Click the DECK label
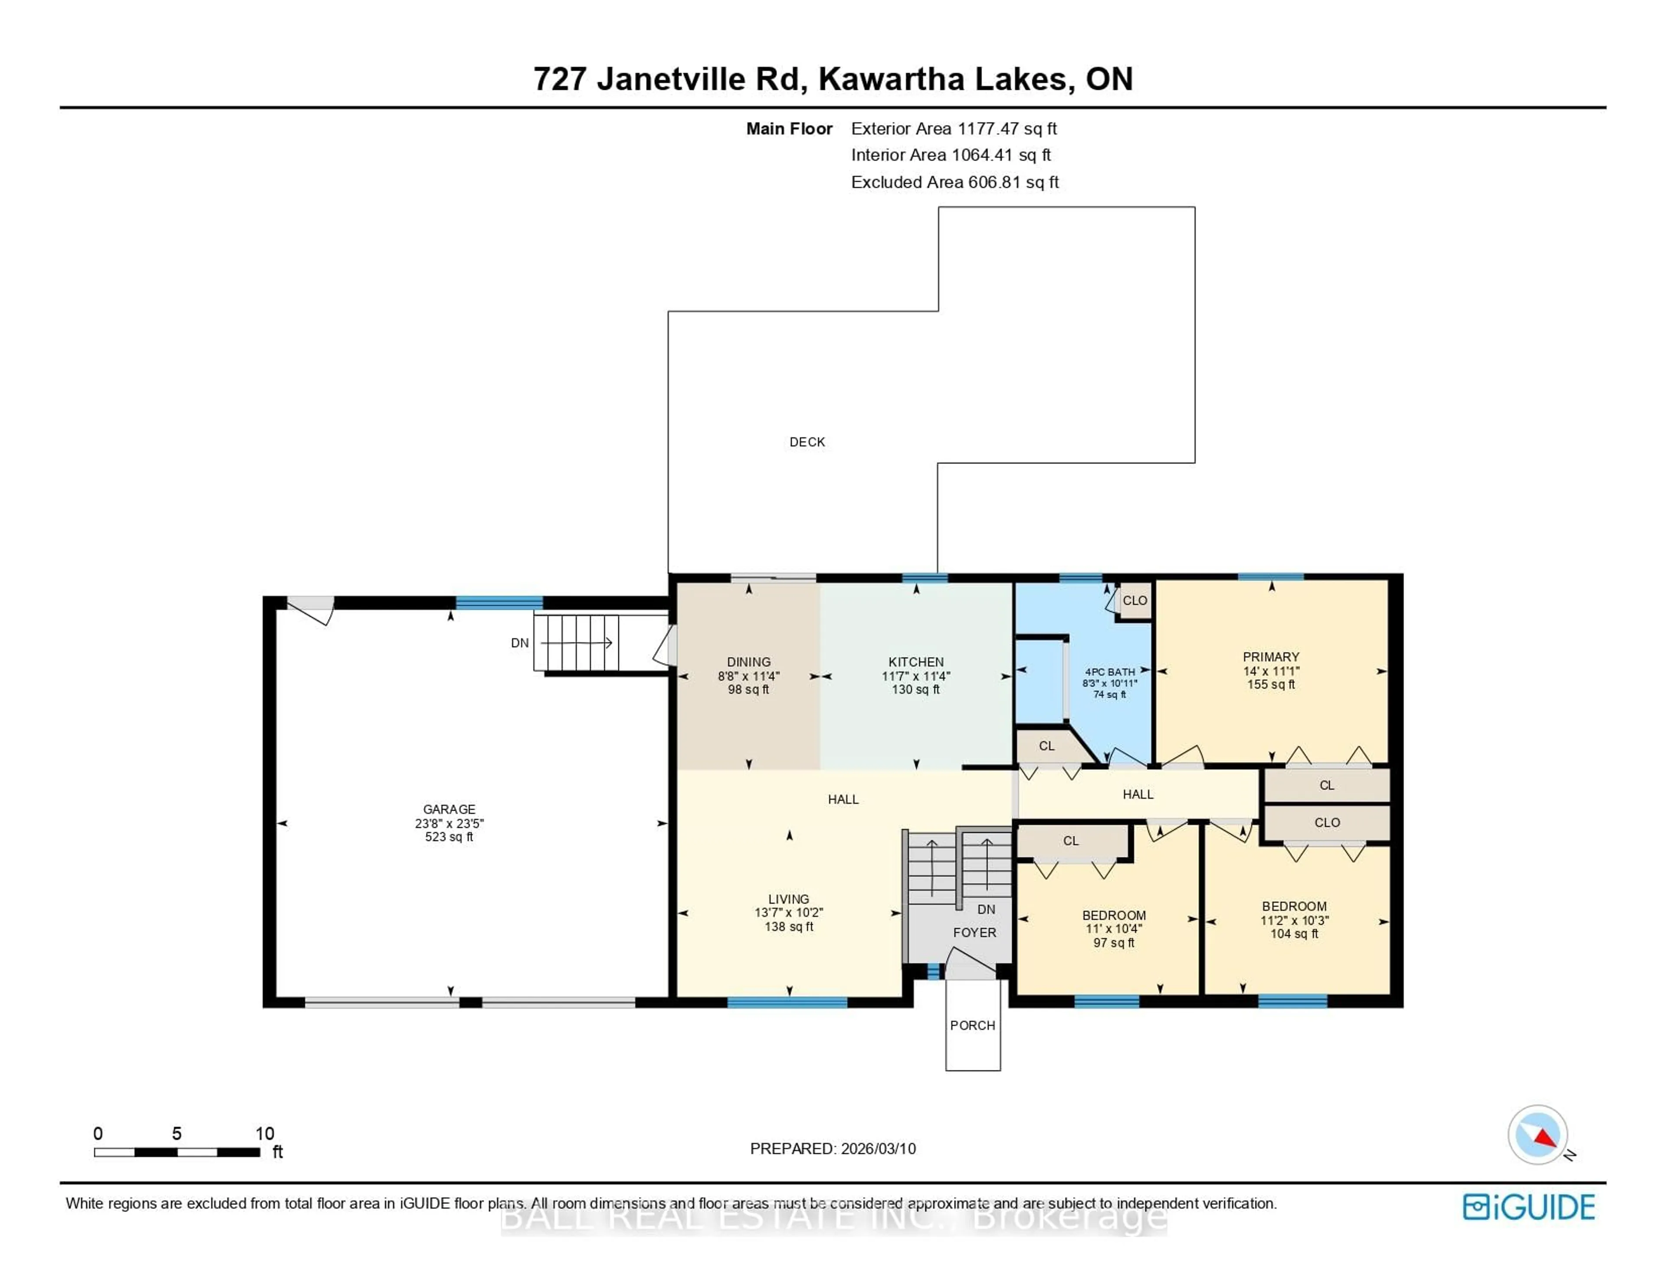click(x=807, y=442)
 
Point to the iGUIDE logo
click(x=1529, y=1207)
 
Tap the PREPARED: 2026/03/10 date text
click(x=833, y=1148)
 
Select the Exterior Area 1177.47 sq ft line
click(x=954, y=129)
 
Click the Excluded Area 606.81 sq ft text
click(x=954, y=182)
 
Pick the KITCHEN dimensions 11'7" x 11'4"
click(x=916, y=676)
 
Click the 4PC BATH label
click(x=1110, y=671)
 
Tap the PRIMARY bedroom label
click(x=1271, y=657)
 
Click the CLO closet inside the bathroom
click(x=1135, y=600)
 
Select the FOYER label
click(x=974, y=932)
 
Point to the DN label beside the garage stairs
click(x=519, y=643)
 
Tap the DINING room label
click(x=748, y=662)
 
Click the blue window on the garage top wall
click(x=499, y=603)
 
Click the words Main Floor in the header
click(x=789, y=129)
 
